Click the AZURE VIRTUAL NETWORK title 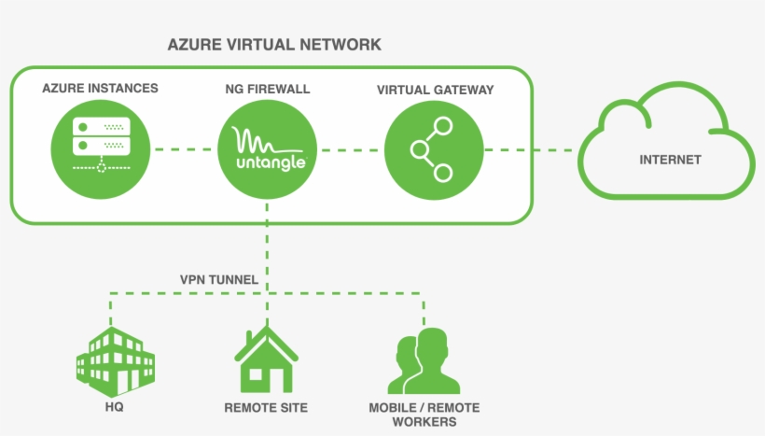(274, 45)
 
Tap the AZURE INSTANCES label (100, 89)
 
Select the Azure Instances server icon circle (100, 148)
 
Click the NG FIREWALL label (268, 90)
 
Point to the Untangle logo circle (268, 149)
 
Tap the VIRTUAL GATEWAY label (435, 90)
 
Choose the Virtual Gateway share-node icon (435, 149)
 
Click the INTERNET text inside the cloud (670, 160)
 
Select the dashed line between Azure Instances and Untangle (184, 149)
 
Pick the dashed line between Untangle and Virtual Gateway (351, 149)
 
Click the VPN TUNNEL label (219, 278)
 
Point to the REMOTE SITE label (266, 408)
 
